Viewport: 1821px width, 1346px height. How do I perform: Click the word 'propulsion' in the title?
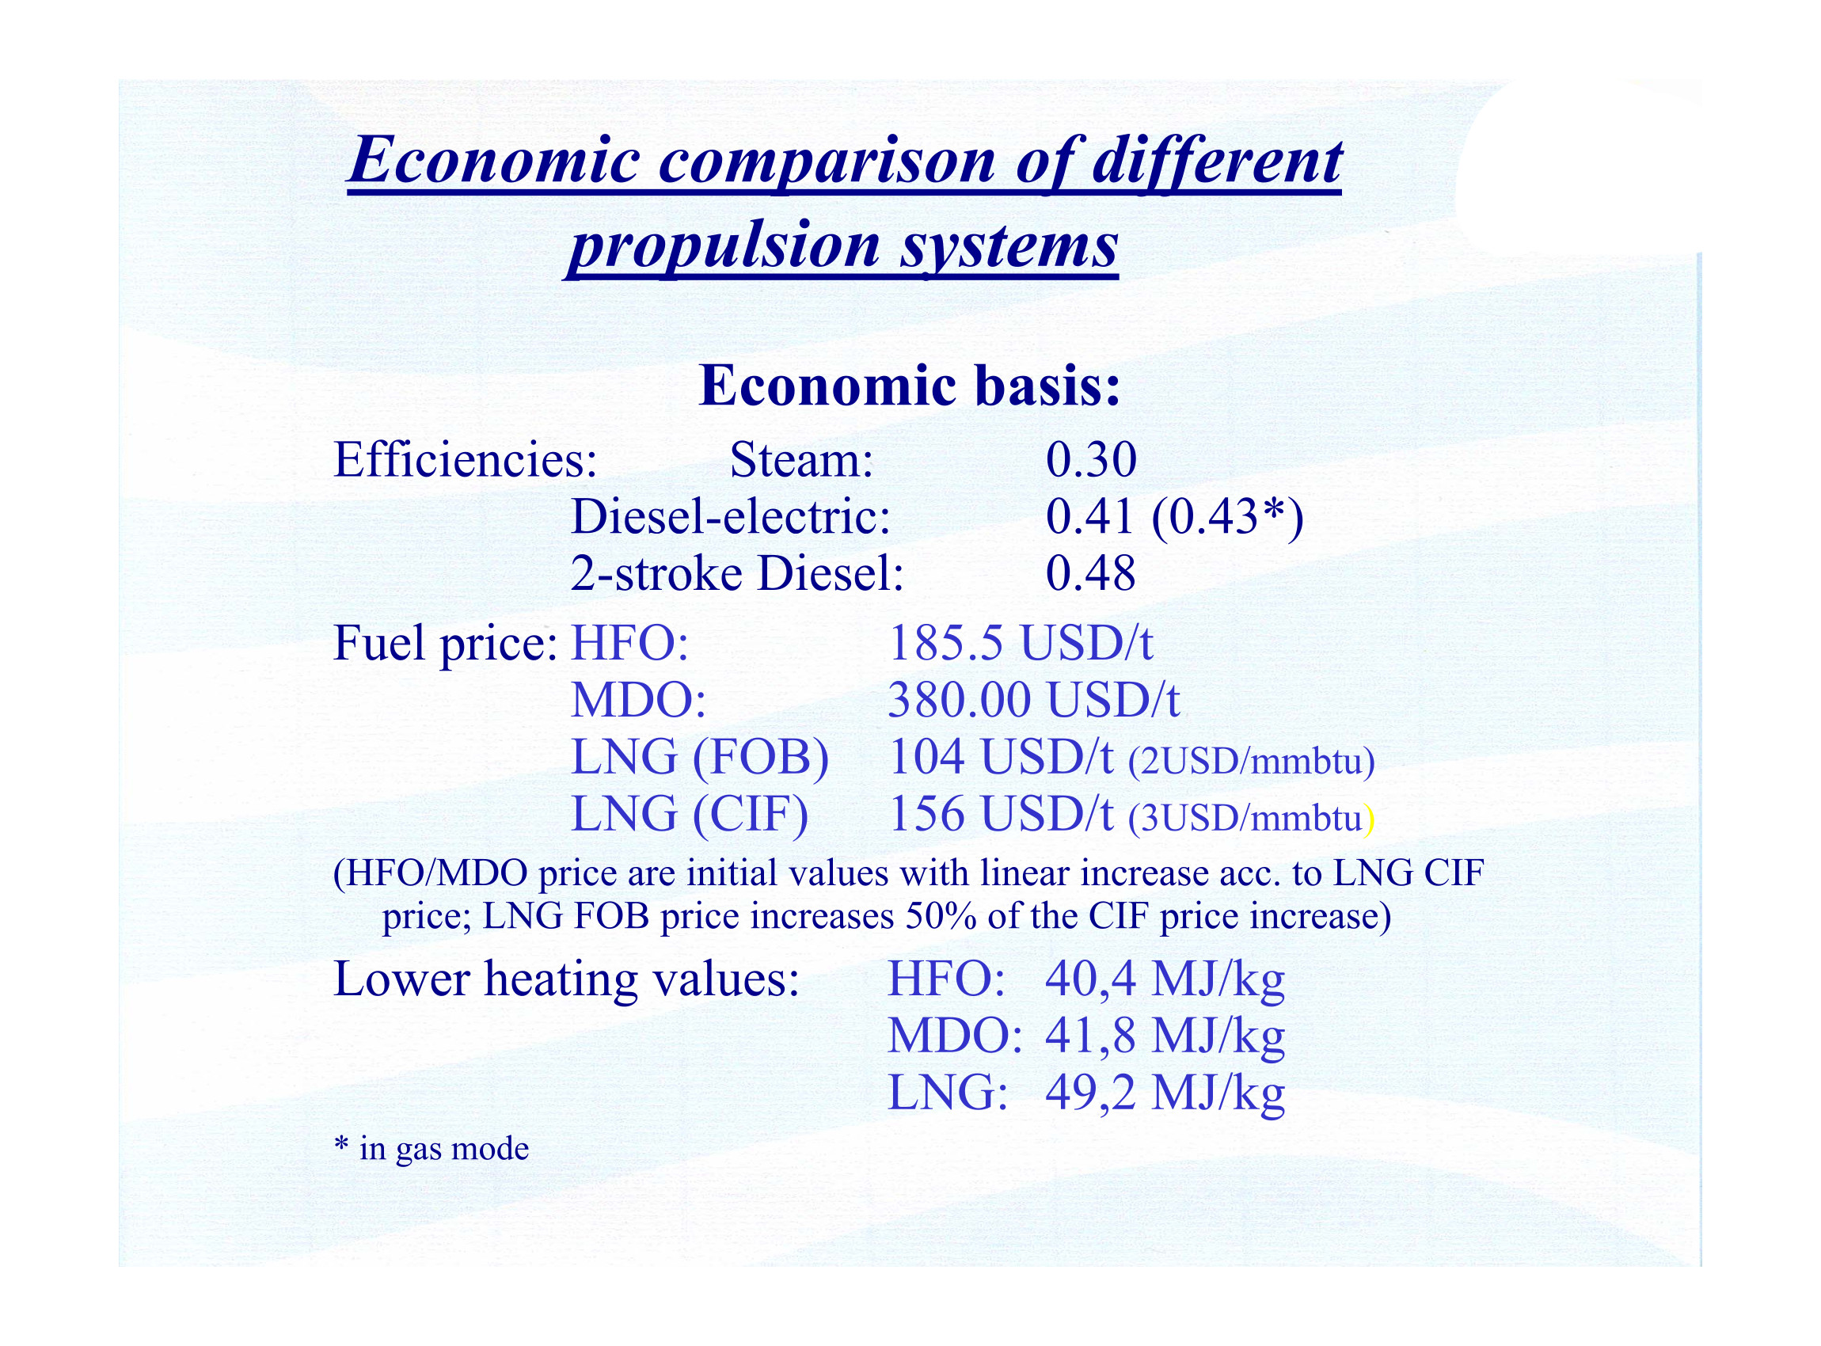pyautogui.click(x=724, y=246)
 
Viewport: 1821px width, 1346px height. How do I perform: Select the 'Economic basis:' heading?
pyautogui.click(x=910, y=386)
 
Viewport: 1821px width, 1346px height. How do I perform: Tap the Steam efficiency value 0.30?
pyautogui.click(x=1091, y=459)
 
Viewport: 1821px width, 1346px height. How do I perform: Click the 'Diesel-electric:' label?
pyautogui.click(x=731, y=516)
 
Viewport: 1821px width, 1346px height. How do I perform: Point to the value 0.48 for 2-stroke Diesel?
pyautogui.click(x=1090, y=573)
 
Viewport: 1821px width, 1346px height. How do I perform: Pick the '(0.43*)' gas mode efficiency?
pyautogui.click(x=1227, y=518)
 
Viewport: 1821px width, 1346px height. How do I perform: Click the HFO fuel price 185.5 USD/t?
pyautogui.click(x=1020, y=643)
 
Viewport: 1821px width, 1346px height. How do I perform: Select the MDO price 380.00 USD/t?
pyautogui.click(x=1033, y=700)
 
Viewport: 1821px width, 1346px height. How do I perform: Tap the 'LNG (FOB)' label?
pyautogui.click(x=700, y=758)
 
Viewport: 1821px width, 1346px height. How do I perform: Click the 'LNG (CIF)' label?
pyautogui.click(x=690, y=815)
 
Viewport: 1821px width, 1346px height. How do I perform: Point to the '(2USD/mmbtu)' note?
pyautogui.click(x=1252, y=761)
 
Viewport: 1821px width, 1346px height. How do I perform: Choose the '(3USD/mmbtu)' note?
pyautogui.click(x=1252, y=818)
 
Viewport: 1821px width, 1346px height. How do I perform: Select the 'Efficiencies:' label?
pyautogui.click(x=466, y=459)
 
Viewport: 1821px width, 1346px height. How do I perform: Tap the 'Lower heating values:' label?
pyautogui.click(x=566, y=979)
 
